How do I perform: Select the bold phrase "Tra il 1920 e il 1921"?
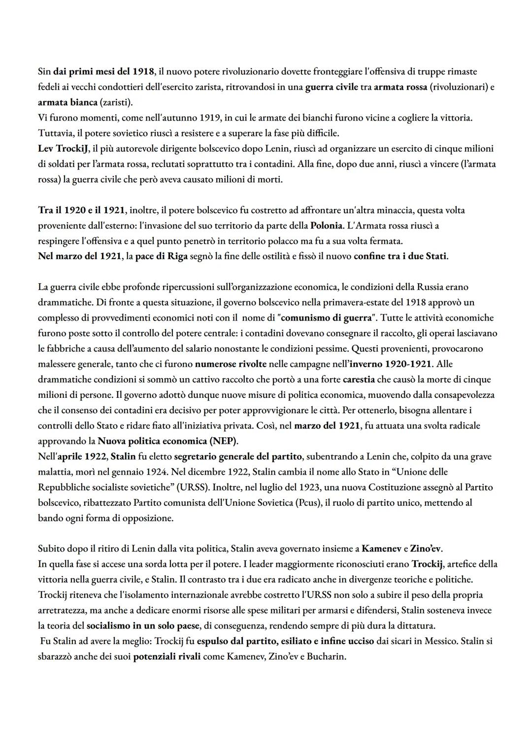(x=82, y=210)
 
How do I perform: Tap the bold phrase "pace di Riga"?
(x=161, y=257)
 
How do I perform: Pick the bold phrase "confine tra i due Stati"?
(x=400, y=257)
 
